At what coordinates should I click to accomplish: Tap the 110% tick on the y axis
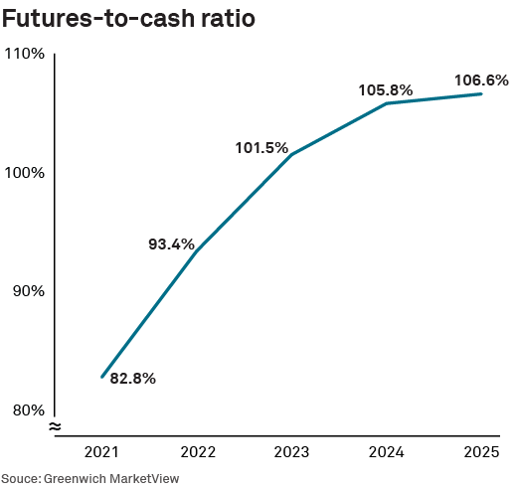coord(25,54)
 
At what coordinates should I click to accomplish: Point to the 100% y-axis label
coord(25,173)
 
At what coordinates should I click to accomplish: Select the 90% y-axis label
coord(27,291)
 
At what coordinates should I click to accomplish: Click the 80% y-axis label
coord(27,409)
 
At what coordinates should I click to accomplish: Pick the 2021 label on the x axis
coord(101,452)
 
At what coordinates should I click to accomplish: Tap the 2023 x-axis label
coord(291,452)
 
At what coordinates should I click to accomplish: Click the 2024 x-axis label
coord(386,452)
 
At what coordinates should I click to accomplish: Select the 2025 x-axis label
coord(481,452)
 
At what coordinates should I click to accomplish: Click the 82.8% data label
coord(132,379)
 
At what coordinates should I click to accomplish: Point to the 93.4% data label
coord(170,245)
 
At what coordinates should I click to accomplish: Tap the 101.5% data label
coord(261,149)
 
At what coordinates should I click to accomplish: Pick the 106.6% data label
coord(481,80)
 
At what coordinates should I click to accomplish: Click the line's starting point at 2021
coord(101,377)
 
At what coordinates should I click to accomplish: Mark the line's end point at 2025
coord(481,94)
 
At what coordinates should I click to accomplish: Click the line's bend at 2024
coord(386,103)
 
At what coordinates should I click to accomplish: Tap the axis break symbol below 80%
coord(55,426)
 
